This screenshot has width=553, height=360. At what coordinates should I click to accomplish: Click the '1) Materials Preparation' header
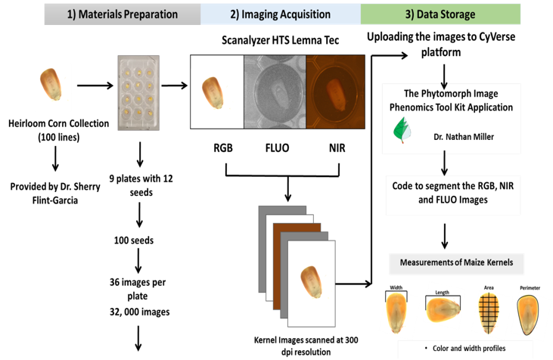coord(122,14)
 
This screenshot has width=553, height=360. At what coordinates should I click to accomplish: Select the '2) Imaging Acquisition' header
coord(281,14)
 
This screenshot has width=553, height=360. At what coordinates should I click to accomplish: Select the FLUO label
coord(275,147)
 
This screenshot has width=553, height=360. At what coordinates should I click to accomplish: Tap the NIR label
coord(336,147)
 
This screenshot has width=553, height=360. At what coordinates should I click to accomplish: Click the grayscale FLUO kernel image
coord(275,94)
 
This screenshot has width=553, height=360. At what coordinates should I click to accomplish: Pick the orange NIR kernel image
coord(336,94)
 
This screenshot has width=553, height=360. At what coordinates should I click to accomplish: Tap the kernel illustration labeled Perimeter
coord(530,315)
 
